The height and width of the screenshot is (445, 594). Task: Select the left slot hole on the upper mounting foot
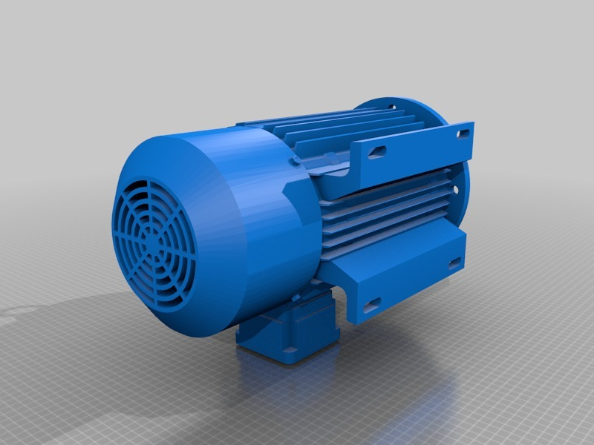point(377,151)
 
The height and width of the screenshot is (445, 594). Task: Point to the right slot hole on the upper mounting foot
point(464,132)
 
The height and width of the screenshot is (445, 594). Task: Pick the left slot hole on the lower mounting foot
point(372,303)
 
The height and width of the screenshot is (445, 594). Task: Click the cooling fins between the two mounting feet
point(386,215)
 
